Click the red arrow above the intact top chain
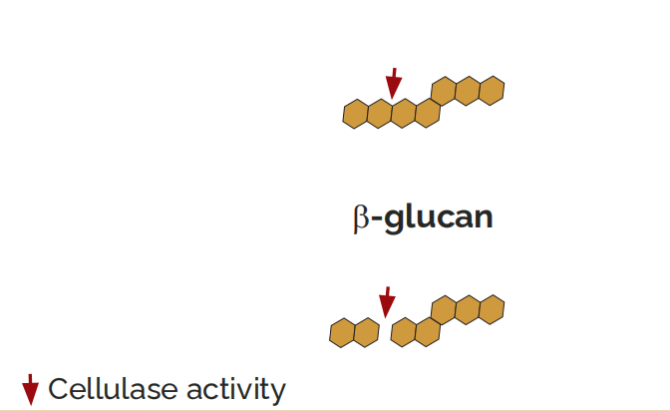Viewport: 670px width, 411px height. [394, 83]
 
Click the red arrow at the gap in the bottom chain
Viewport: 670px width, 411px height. [387, 302]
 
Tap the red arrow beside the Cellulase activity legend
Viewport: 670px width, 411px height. [30, 390]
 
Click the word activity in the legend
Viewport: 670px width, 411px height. [236, 390]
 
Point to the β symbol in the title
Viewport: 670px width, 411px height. [362, 218]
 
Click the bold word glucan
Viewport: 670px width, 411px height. [439, 217]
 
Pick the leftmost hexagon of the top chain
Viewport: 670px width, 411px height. [356, 114]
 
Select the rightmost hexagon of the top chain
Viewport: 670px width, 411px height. [492, 91]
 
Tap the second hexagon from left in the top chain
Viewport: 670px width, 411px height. [380, 114]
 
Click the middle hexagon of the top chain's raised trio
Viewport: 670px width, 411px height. [468, 91]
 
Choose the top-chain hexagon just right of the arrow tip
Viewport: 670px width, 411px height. [404, 113]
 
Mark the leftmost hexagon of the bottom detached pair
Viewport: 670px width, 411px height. [343, 333]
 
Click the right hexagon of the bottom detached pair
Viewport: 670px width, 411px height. [367, 332]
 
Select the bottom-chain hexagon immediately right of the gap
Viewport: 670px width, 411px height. [404, 332]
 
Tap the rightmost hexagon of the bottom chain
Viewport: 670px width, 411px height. [492, 309]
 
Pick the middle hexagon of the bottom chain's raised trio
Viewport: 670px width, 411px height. [468, 309]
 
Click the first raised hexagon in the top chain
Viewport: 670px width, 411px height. [444, 91]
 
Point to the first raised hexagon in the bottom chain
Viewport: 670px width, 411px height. [444, 310]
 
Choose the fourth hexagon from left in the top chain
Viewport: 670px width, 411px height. [428, 113]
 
